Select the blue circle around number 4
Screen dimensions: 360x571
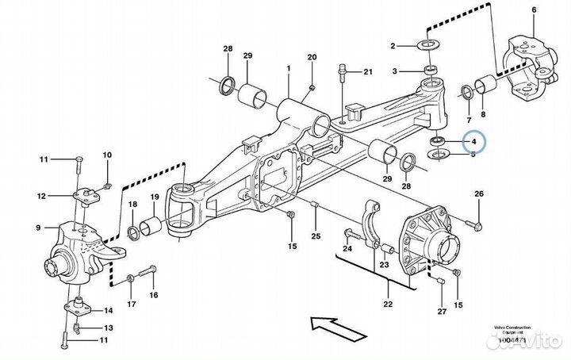474,141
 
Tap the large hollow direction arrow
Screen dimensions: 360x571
333,324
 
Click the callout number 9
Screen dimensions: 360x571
37,228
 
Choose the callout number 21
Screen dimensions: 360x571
367,73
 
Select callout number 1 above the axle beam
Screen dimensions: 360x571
289,69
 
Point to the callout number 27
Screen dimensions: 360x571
441,312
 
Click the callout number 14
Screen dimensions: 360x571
107,310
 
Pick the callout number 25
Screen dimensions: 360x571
316,236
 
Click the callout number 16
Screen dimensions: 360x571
154,295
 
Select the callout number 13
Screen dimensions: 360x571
107,328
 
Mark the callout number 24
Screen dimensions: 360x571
347,249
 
